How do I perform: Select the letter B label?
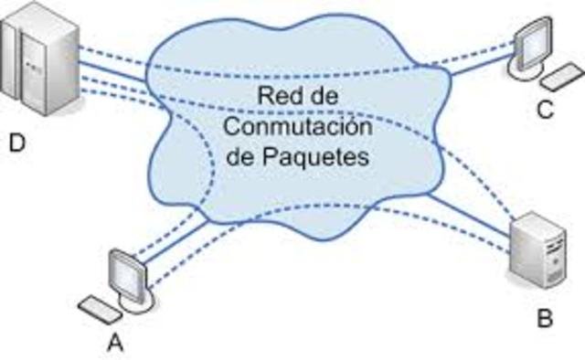click(546, 319)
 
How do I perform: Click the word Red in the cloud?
click(280, 94)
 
